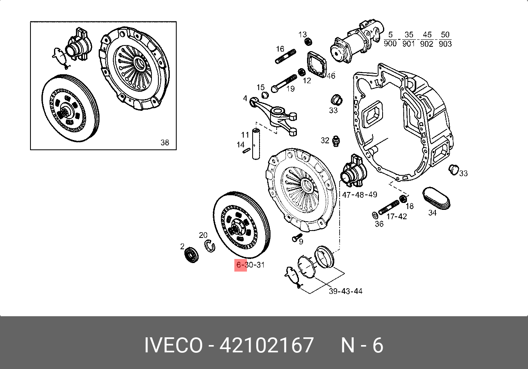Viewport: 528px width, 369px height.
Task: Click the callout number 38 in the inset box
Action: point(165,142)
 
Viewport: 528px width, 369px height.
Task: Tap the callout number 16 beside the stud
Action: point(280,49)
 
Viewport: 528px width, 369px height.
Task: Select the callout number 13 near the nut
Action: point(303,35)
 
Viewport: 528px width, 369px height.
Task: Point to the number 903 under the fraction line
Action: point(445,44)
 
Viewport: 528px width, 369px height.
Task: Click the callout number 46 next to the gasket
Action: point(331,76)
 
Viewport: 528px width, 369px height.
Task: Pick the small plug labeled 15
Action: point(265,95)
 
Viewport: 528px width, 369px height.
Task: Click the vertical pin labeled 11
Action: point(256,144)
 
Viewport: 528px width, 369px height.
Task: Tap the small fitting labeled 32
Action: point(336,141)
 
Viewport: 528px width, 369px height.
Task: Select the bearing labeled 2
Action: point(191,255)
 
